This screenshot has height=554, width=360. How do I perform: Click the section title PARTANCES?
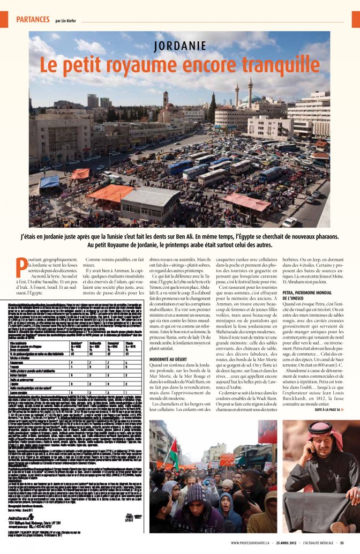[x=33, y=19]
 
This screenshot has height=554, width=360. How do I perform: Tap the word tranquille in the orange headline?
[x=283, y=64]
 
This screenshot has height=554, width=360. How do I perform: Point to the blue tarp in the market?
[x=50, y=182]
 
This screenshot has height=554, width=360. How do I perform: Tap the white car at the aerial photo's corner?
[x=290, y=221]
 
